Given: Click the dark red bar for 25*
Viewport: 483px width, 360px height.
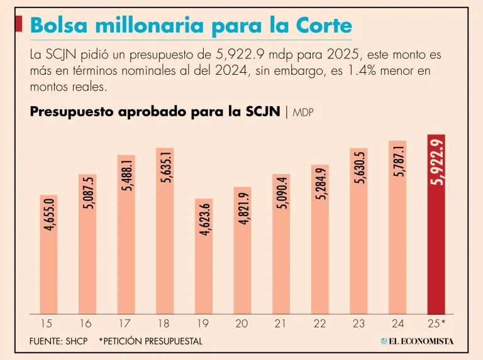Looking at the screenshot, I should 436,251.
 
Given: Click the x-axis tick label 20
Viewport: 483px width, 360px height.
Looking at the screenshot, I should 241,324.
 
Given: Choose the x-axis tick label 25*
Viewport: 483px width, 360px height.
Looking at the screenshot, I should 437,324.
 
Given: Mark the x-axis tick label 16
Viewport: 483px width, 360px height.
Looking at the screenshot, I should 86,324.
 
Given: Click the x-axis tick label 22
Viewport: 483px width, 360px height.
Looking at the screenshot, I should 319,324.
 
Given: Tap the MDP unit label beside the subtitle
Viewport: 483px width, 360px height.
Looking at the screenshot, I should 303,113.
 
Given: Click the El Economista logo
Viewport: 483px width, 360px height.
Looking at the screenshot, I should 417,341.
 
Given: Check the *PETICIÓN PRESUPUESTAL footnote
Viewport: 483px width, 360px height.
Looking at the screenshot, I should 150,341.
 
